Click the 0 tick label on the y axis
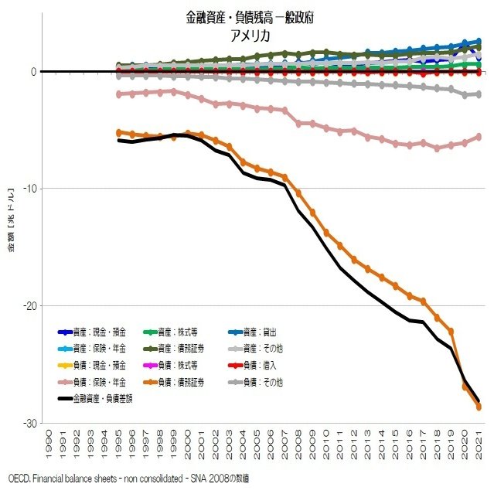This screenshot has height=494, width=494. [33, 72]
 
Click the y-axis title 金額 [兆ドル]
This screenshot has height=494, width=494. [12, 220]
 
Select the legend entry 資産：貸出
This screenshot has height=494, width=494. [265, 332]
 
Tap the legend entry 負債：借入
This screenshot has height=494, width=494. [265, 365]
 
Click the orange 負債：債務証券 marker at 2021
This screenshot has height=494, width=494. [479, 407]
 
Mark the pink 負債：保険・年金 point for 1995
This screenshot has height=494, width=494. [119, 94]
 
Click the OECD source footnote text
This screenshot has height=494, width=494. [124, 479]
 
